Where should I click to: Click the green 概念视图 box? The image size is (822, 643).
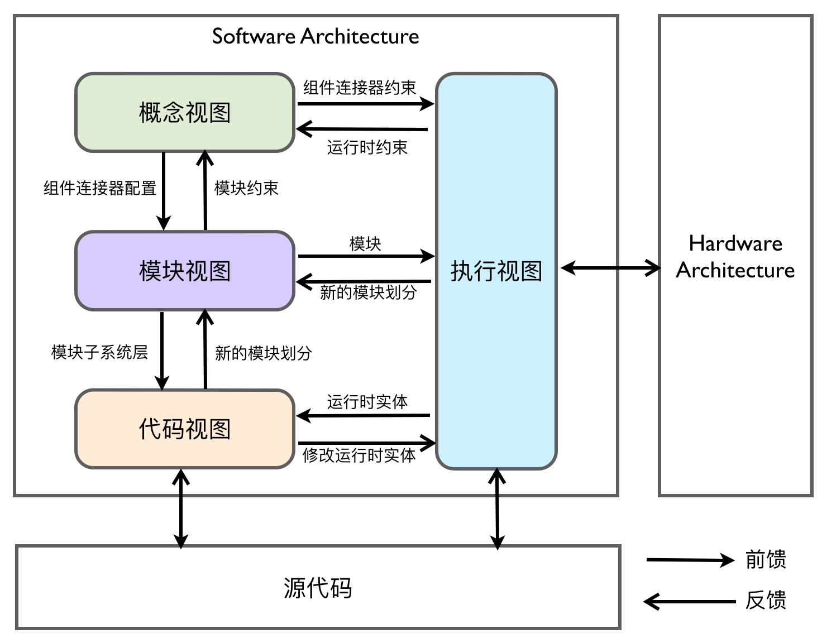click(x=184, y=113)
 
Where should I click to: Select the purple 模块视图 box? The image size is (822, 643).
click(x=184, y=271)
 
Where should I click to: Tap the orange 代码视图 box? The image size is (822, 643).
click(x=184, y=429)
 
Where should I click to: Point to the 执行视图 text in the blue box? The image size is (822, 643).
click(x=496, y=271)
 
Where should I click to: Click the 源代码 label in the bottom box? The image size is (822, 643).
click(x=318, y=588)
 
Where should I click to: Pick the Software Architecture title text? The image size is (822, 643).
click(x=316, y=37)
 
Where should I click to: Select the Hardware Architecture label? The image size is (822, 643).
click(x=735, y=257)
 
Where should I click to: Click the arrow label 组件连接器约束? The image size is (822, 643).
click(x=360, y=88)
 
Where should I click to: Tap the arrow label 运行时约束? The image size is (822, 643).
click(x=367, y=147)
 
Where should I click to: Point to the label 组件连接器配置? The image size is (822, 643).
click(x=100, y=188)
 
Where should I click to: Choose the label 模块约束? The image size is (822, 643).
click(x=246, y=188)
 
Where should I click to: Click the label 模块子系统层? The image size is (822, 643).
click(x=99, y=352)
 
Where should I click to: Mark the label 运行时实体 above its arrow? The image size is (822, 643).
click(x=367, y=402)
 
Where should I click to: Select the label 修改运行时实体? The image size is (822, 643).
click(x=359, y=455)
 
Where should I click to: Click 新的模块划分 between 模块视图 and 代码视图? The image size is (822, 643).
click(x=263, y=353)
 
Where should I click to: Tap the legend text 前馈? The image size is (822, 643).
click(x=766, y=559)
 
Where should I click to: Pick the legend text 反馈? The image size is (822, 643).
click(x=766, y=601)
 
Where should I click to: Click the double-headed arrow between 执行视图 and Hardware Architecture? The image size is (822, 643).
click(x=610, y=268)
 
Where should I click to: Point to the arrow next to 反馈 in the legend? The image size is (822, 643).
click(x=690, y=602)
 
